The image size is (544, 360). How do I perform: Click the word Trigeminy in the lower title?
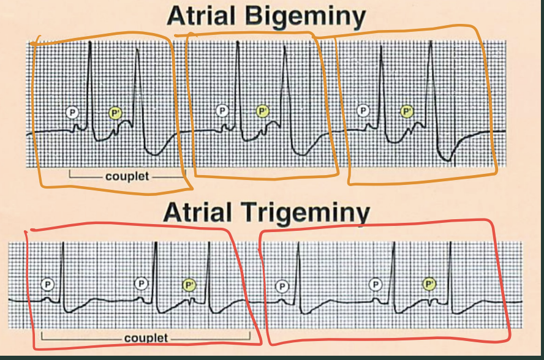tap(306, 212)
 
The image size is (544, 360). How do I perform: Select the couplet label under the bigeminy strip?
tap(127, 176)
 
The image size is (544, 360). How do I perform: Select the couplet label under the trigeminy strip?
tap(146, 338)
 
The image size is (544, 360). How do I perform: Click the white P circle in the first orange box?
tap(72, 113)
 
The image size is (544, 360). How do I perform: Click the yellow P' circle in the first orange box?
tap(116, 113)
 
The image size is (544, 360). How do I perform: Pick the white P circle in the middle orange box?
tap(222, 111)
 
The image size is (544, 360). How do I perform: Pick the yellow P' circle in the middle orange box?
tap(263, 111)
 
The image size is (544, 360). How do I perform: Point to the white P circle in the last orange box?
tap(363, 111)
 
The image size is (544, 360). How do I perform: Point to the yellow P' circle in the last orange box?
tap(407, 111)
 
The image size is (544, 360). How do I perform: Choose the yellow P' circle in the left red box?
tap(189, 285)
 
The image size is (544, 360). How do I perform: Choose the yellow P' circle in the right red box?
tap(429, 285)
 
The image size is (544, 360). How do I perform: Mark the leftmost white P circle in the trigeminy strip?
tap(48, 285)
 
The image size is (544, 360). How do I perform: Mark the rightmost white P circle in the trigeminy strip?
tap(375, 285)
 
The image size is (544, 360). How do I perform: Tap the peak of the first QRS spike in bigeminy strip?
tap(90, 42)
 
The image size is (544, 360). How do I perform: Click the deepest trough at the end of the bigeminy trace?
tap(448, 160)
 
